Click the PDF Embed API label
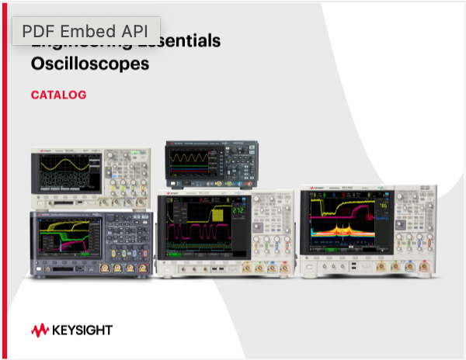(85, 31)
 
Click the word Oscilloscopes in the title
(89, 64)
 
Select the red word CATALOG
(58, 95)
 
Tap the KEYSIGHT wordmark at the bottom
(82, 330)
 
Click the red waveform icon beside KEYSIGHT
(40, 330)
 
